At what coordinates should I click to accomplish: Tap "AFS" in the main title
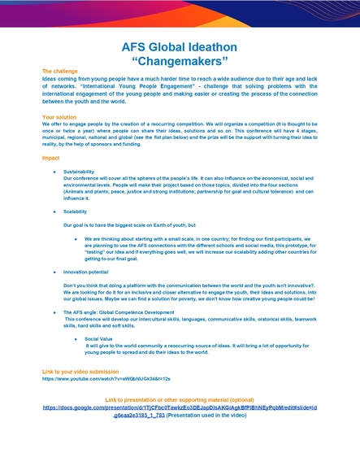pyautogui.click(x=136, y=46)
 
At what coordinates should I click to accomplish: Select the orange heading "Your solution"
pyautogui.click(x=59, y=117)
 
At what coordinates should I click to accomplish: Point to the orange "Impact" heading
pyautogui.click(x=50, y=157)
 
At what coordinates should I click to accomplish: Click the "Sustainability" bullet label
pyautogui.click(x=79, y=172)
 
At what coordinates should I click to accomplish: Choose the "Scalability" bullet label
pyautogui.click(x=75, y=211)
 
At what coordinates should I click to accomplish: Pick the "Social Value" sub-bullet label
pyautogui.click(x=99, y=338)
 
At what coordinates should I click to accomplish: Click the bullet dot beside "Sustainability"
pyautogui.click(x=54, y=172)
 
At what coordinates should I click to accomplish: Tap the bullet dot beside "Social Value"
pyautogui.click(x=76, y=338)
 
